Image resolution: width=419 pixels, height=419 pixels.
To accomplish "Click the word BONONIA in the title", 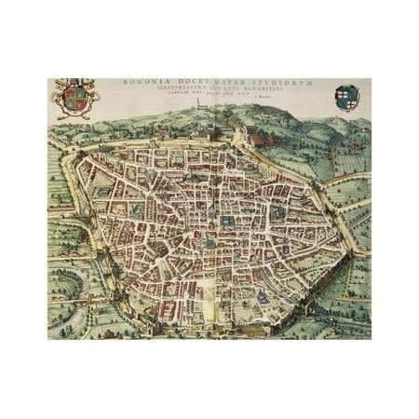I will (140, 83).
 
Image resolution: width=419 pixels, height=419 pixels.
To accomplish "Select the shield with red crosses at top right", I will (346, 96).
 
